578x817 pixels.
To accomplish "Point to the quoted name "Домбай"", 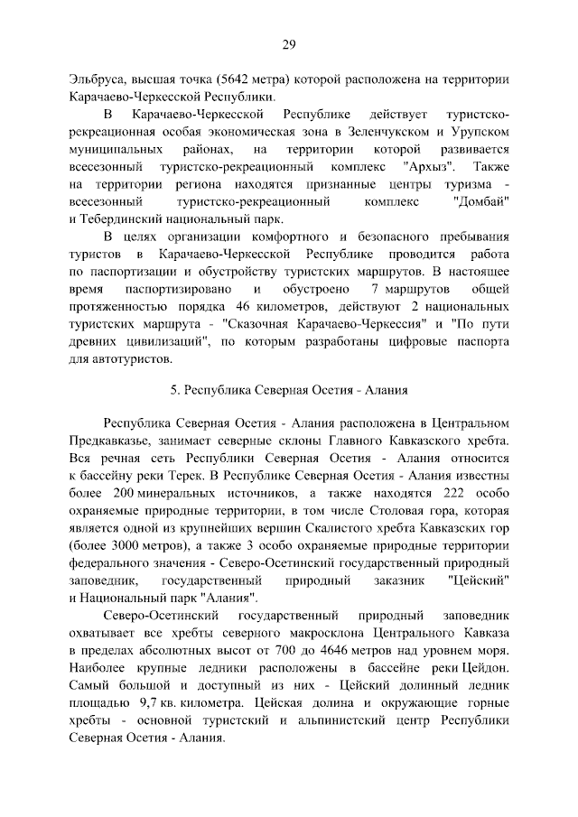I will [479, 202].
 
